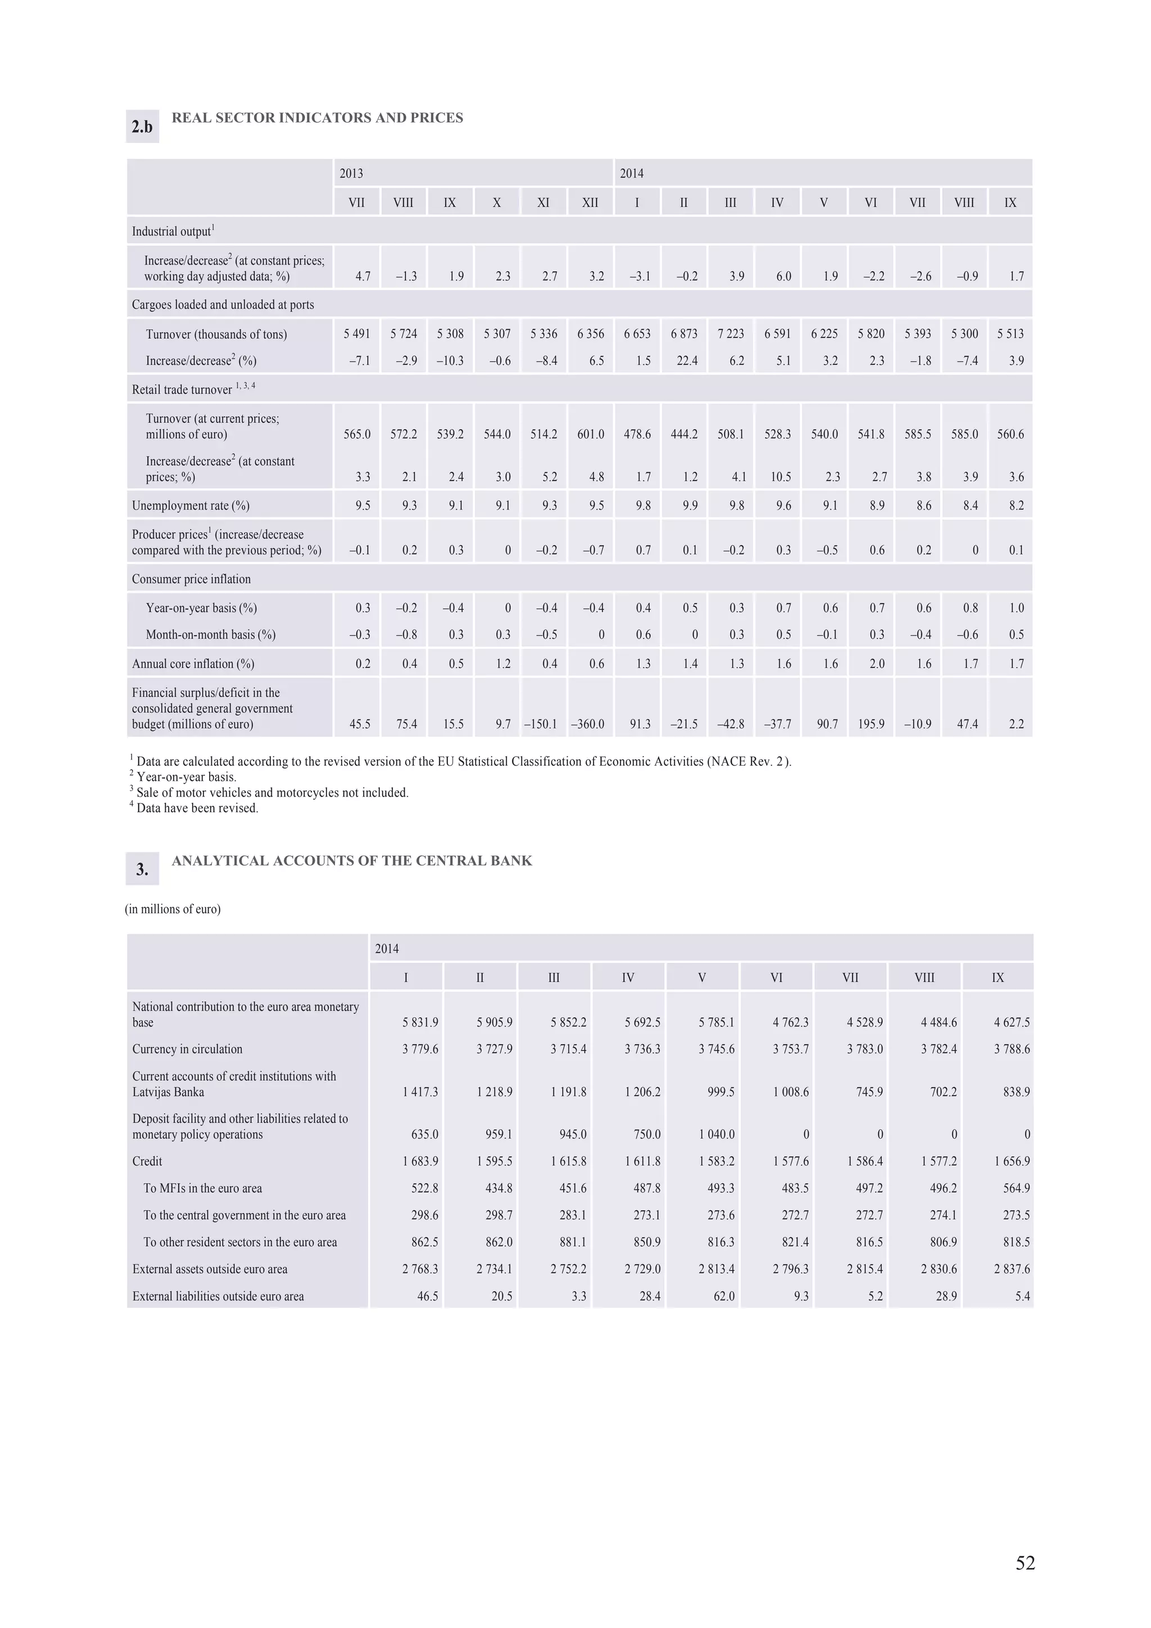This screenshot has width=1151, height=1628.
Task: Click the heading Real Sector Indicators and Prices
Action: tap(317, 118)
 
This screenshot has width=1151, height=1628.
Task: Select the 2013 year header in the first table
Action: tap(351, 173)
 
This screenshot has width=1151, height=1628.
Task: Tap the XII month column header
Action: tap(590, 203)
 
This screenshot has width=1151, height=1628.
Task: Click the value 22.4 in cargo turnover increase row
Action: tap(686, 361)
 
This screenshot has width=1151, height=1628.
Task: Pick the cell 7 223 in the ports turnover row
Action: tap(731, 334)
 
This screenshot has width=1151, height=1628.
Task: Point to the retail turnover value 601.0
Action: tap(590, 434)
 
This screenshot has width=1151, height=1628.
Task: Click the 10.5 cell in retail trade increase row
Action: tap(780, 477)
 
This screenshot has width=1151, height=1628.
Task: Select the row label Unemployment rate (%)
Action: tap(191, 506)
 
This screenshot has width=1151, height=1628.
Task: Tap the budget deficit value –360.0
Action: tap(588, 724)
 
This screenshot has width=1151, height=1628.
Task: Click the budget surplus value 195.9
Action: tap(871, 724)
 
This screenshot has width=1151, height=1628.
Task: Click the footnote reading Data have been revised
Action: tap(197, 808)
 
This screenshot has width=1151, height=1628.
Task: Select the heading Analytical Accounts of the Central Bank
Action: tap(352, 861)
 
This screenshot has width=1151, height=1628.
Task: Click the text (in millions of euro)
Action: tap(173, 909)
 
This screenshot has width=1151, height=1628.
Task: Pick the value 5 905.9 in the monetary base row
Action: tap(495, 1022)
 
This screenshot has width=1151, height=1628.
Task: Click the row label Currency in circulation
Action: tap(187, 1049)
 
